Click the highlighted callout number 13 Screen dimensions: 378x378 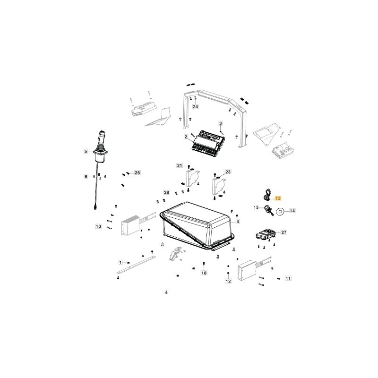(x=278, y=198)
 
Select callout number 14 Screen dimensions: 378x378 (x=292, y=211)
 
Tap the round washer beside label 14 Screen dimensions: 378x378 (x=280, y=212)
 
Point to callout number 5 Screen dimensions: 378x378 (x=86, y=151)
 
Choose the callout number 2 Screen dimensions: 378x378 (x=186, y=137)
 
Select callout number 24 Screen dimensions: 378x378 (x=196, y=106)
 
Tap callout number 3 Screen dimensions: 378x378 (x=220, y=123)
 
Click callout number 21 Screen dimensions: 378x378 (x=180, y=165)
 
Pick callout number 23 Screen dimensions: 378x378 (x=228, y=172)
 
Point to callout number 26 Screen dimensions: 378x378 (x=137, y=172)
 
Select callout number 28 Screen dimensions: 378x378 (x=167, y=192)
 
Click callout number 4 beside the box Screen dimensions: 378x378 (x=238, y=222)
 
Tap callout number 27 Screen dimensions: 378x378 (x=284, y=232)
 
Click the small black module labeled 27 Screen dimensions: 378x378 (x=266, y=233)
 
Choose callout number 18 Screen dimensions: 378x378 (x=204, y=273)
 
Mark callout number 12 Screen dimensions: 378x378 (x=228, y=281)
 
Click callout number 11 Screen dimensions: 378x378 (x=288, y=278)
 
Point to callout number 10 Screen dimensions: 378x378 (x=98, y=226)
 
